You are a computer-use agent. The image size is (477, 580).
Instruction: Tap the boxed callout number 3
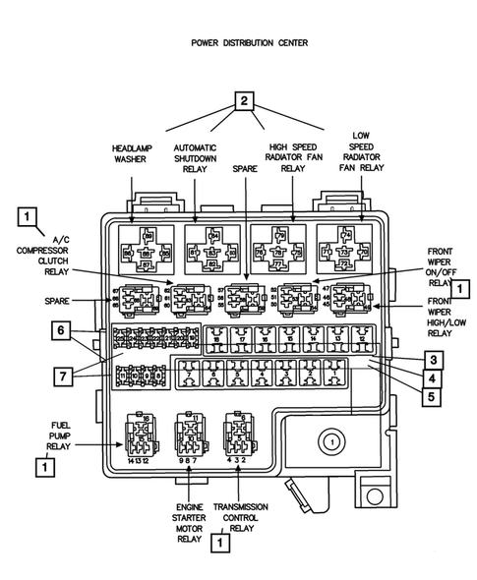[433, 359]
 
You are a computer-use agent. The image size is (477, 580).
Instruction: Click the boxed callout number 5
[433, 398]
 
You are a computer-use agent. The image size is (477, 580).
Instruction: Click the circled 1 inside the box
[332, 443]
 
